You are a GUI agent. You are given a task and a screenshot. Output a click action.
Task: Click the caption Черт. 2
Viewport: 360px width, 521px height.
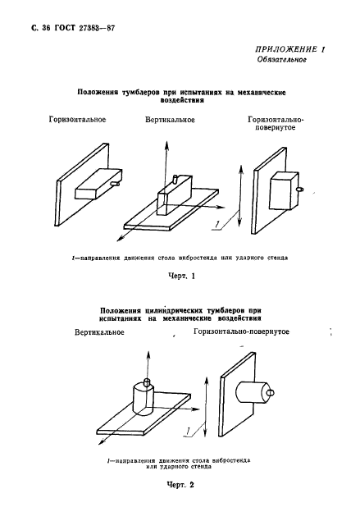(x=178, y=485)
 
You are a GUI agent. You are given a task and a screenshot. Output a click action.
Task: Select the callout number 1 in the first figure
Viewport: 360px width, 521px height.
(x=216, y=223)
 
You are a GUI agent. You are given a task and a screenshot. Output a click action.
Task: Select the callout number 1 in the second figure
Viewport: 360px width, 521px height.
(x=189, y=429)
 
